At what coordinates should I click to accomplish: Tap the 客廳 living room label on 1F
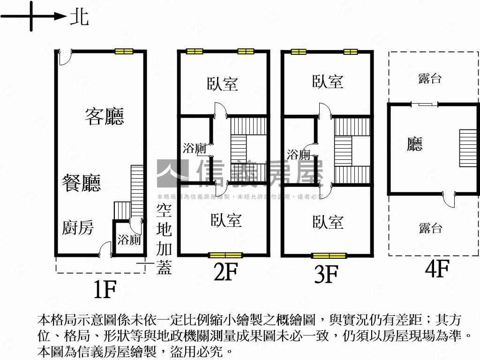pos(104,116)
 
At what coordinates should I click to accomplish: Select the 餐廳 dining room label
pos(82,182)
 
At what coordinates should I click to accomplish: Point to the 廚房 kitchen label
pos(78,228)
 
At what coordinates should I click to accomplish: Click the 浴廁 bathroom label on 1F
pos(129,240)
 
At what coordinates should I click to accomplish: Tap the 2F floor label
pos(226,273)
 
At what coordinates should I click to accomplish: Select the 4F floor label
pos(437,270)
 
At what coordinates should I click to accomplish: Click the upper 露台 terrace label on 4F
pos(430,78)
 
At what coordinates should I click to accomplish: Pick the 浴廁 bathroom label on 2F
pos(195,149)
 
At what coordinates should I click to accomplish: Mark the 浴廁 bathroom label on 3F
pos(299,154)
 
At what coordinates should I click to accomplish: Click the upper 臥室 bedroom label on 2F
pos(223,84)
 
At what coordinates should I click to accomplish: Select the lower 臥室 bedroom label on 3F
pos(328,222)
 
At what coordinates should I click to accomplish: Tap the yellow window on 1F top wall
pos(124,52)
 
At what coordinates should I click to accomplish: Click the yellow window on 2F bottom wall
pos(225,255)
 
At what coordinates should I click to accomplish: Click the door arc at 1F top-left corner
pos(65,57)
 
